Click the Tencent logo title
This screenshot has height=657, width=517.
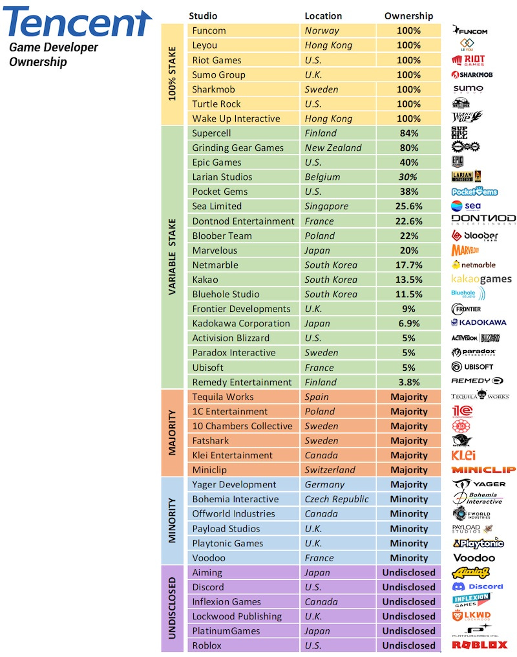pos(78,23)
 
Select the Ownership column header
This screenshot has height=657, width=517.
pos(408,16)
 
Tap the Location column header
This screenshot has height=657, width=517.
pos(323,16)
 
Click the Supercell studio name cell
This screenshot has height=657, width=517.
pos(210,133)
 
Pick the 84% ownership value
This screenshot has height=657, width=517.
pos(408,133)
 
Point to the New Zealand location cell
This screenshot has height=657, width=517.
pos(333,148)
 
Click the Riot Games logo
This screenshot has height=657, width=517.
pos(469,60)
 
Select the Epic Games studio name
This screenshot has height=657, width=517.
pos(216,162)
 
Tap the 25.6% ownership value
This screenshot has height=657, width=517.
pos(408,206)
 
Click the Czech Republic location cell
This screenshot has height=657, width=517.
pos(337,499)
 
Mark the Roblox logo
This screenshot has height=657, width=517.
pos(480,645)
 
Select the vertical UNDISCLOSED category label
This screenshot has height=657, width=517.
pos(172,608)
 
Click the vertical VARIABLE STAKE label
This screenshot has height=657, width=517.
pos(172,257)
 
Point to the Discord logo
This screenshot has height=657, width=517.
pos(478,586)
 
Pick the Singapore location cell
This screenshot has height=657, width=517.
pos(326,206)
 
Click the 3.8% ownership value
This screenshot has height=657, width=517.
pos(408,382)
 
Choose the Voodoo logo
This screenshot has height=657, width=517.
pos(474,557)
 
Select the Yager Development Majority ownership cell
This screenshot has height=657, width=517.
pos(408,484)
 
